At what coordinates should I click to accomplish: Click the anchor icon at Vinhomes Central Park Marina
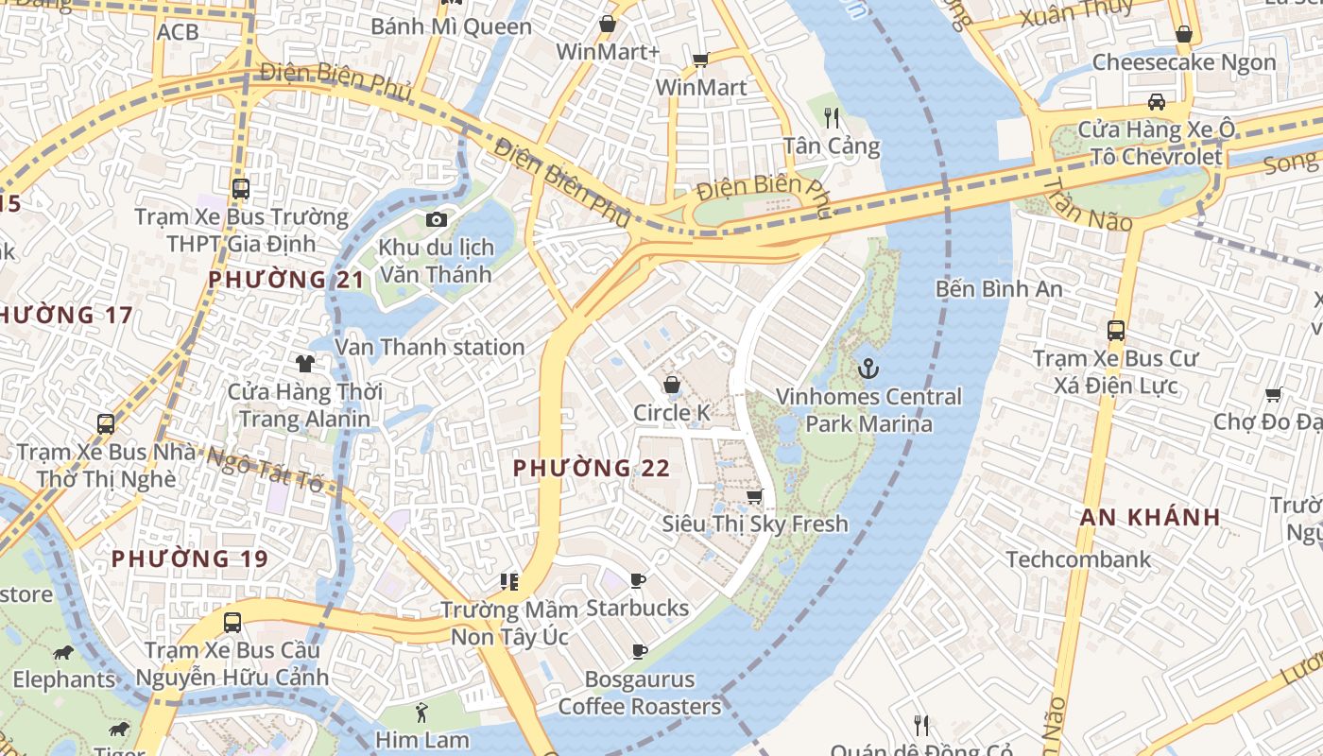868,369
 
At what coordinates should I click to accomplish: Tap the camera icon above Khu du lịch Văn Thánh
436,220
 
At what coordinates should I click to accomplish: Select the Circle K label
671,413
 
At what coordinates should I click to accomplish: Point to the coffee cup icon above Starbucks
638,580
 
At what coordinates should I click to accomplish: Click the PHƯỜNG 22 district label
592,468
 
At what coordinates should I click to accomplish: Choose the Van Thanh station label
429,347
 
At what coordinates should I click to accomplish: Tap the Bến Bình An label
999,289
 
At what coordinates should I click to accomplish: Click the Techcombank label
1078,559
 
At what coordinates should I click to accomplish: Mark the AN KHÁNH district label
1150,517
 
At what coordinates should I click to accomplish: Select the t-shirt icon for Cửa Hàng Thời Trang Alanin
304,363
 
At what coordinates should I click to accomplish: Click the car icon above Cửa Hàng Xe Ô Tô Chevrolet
1156,102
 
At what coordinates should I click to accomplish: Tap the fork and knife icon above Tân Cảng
832,117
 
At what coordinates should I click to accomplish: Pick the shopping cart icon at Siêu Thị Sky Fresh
754,497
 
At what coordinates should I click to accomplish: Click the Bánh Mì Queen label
451,26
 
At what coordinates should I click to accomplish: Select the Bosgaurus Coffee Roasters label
639,693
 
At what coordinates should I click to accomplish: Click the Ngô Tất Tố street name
265,469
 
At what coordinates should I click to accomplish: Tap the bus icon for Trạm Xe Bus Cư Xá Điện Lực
1116,331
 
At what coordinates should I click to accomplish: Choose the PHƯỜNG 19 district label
190,558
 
